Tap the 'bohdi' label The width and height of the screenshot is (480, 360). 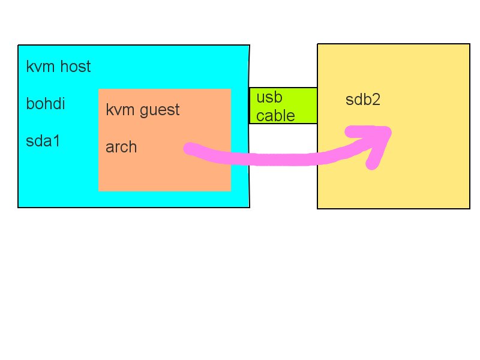point(46,104)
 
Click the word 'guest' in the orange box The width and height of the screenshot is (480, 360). point(160,110)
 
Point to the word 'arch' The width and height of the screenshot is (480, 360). point(121,147)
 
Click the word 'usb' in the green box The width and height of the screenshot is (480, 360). point(269,97)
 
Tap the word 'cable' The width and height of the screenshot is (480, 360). point(275,115)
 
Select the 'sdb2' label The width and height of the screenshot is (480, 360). point(363,100)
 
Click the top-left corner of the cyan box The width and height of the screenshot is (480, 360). point(19,46)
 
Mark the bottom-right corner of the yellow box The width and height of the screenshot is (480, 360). point(469,208)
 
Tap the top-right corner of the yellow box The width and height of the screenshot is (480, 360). point(469,44)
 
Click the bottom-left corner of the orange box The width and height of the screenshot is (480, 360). point(99,190)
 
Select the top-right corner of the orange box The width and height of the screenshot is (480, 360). point(230,89)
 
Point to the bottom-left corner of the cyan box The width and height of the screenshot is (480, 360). point(19,207)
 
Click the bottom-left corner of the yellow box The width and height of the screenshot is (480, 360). point(317,208)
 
